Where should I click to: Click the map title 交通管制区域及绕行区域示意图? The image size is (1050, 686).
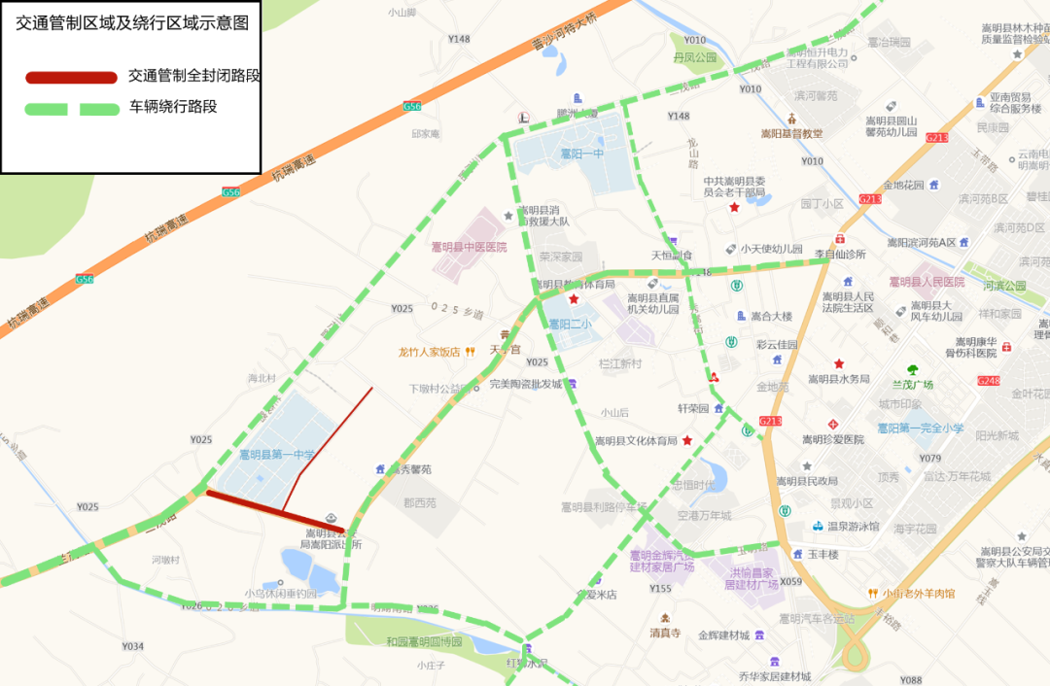131,24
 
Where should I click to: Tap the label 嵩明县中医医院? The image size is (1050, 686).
470,247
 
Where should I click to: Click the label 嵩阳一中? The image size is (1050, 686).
581,154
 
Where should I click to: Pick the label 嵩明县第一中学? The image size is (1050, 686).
278,454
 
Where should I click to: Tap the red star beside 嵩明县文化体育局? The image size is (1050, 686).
687,440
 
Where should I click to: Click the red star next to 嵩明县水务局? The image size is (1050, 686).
838,363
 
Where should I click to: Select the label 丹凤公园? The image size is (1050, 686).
694,57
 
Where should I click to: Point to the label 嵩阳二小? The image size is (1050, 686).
570,325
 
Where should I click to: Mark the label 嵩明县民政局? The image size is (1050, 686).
807,481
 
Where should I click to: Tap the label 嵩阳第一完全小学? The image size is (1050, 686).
919,429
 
